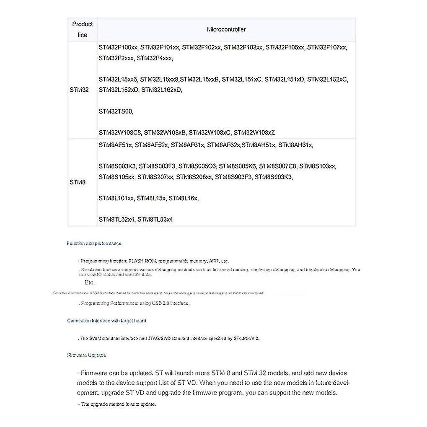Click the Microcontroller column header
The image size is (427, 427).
226,29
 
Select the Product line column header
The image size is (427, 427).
83,29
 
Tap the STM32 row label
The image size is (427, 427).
79,90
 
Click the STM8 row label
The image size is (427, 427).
78,182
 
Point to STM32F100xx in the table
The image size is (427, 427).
118,47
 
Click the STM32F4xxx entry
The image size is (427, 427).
155,58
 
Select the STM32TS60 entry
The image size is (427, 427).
116,111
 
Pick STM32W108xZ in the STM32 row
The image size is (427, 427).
254,132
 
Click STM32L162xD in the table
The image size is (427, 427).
162,89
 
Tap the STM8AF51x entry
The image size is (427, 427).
116,145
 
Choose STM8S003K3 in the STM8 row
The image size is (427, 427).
117,166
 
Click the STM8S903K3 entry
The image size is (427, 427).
274,177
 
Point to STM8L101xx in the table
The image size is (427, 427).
116,198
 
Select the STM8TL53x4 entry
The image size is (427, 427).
155,219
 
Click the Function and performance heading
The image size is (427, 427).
94,243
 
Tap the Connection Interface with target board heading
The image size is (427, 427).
106,321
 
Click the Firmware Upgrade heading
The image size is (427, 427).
87,355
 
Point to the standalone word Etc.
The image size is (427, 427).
90,282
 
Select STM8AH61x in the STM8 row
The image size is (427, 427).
295,145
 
